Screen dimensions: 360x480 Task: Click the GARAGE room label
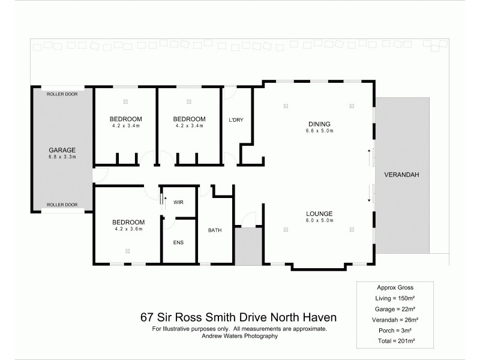pos(62,150)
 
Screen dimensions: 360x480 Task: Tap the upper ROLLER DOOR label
pos(62,94)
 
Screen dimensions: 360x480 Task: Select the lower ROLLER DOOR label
pos(62,205)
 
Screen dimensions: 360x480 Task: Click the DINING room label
pos(319,124)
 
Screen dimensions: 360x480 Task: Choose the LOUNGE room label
pos(319,214)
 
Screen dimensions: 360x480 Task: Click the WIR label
pos(178,203)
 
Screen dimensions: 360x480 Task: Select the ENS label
pos(178,242)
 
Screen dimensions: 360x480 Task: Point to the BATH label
pos(215,230)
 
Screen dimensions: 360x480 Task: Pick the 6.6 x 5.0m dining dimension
pos(319,130)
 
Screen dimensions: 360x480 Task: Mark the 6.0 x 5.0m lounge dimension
pos(319,220)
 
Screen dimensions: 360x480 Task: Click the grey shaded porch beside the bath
pos(246,246)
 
